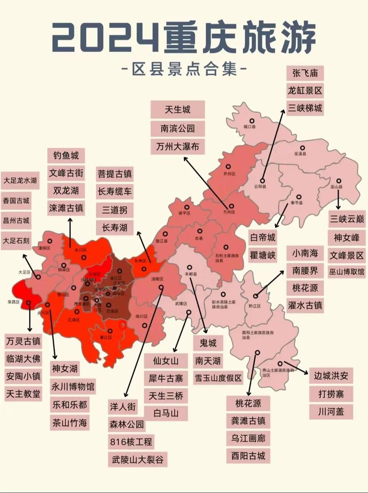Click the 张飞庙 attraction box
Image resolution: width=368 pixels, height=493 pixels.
[x=305, y=73]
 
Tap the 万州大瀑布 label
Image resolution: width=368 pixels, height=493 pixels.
[x=178, y=147]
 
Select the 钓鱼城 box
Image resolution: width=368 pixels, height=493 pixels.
[x=66, y=155]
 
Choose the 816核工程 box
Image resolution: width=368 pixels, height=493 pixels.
[x=131, y=441]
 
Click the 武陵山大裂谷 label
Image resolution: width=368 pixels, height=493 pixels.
[x=138, y=459]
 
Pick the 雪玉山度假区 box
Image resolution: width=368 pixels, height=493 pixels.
[x=218, y=378]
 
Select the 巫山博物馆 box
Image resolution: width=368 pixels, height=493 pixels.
[x=346, y=272]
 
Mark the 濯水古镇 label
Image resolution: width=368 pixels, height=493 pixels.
[x=305, y=305]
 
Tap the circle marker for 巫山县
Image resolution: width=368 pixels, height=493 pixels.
[x=339, y=181]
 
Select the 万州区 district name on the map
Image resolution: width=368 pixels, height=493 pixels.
[x=229, y=212]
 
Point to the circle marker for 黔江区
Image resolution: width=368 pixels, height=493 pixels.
[x=255, y=296]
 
